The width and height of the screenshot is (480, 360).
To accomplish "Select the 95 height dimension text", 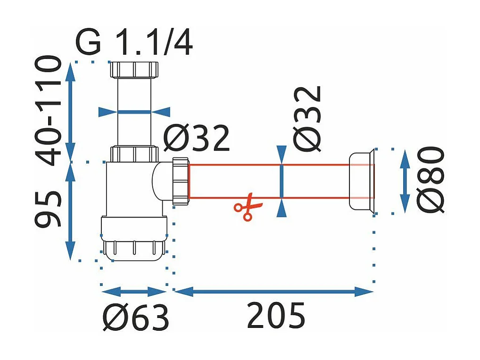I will (x=49, y=209).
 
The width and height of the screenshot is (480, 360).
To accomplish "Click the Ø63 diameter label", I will (x=136, y=318).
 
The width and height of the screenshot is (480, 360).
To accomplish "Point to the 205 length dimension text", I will (x=276, y=316).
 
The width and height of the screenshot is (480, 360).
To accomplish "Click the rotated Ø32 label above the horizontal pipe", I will (x=309, y=117).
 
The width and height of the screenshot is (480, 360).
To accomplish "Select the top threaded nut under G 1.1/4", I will (x=134, y=70).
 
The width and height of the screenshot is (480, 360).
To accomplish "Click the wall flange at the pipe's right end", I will (x=362, y=180).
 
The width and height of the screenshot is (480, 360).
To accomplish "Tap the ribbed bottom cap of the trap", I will (x=134, y=249).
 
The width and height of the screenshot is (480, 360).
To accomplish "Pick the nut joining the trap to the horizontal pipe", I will (x=181, y=180).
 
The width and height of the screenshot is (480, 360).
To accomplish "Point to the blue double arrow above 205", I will (x=273, y=292).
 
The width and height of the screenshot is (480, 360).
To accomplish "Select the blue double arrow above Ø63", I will (x=134, y=292).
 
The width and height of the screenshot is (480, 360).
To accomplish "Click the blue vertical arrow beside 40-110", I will (x=70, y=111).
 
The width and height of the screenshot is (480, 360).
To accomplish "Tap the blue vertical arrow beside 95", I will (x=70, y=210).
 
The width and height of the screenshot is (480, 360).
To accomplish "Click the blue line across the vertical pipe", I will (x=134, y=112).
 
